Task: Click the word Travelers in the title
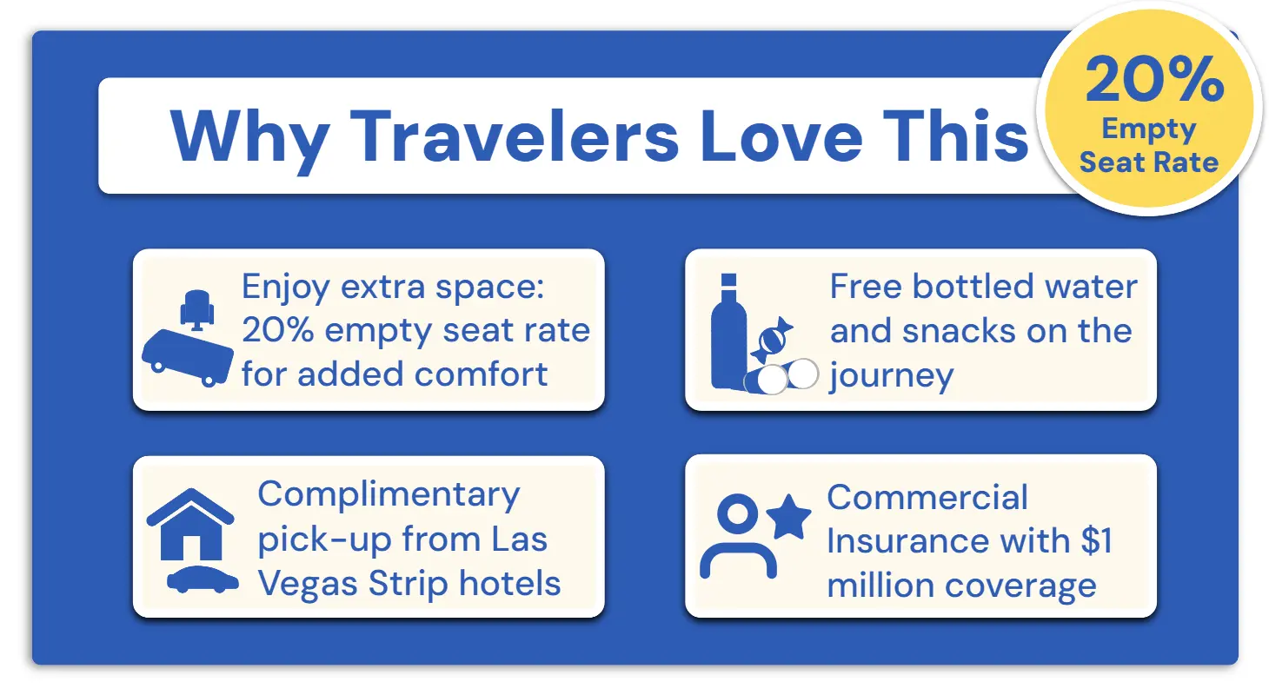(515, 136)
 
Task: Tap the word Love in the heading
(781, 136)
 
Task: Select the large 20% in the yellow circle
(1154, 79)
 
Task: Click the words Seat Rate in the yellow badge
(1149, 162)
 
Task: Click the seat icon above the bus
(197, 310)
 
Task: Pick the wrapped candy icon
(772, 340)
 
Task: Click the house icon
(190, 524)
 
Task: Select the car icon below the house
(203, 579)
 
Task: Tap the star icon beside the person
(788, 517)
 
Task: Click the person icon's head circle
(737, 513)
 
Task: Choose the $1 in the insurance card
(1097, 540)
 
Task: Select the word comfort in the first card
(481, 374)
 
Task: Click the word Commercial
(927, 497)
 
